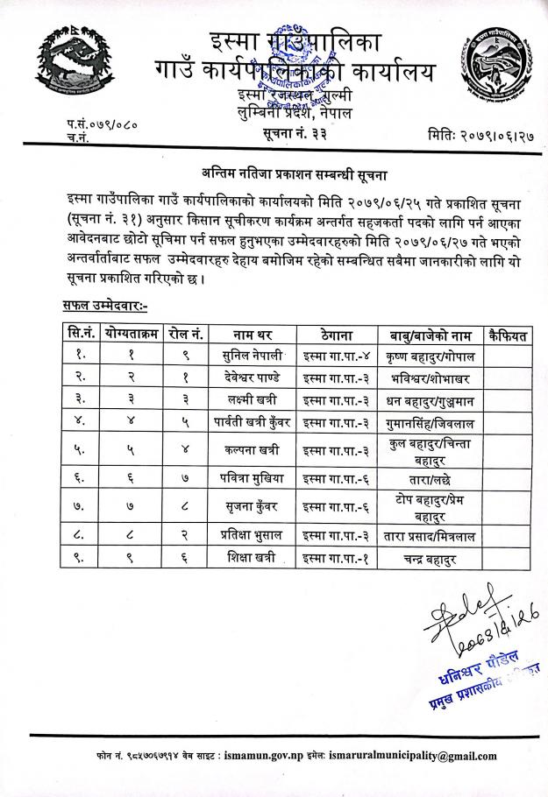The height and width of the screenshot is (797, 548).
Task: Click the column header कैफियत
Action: point(509,335)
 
